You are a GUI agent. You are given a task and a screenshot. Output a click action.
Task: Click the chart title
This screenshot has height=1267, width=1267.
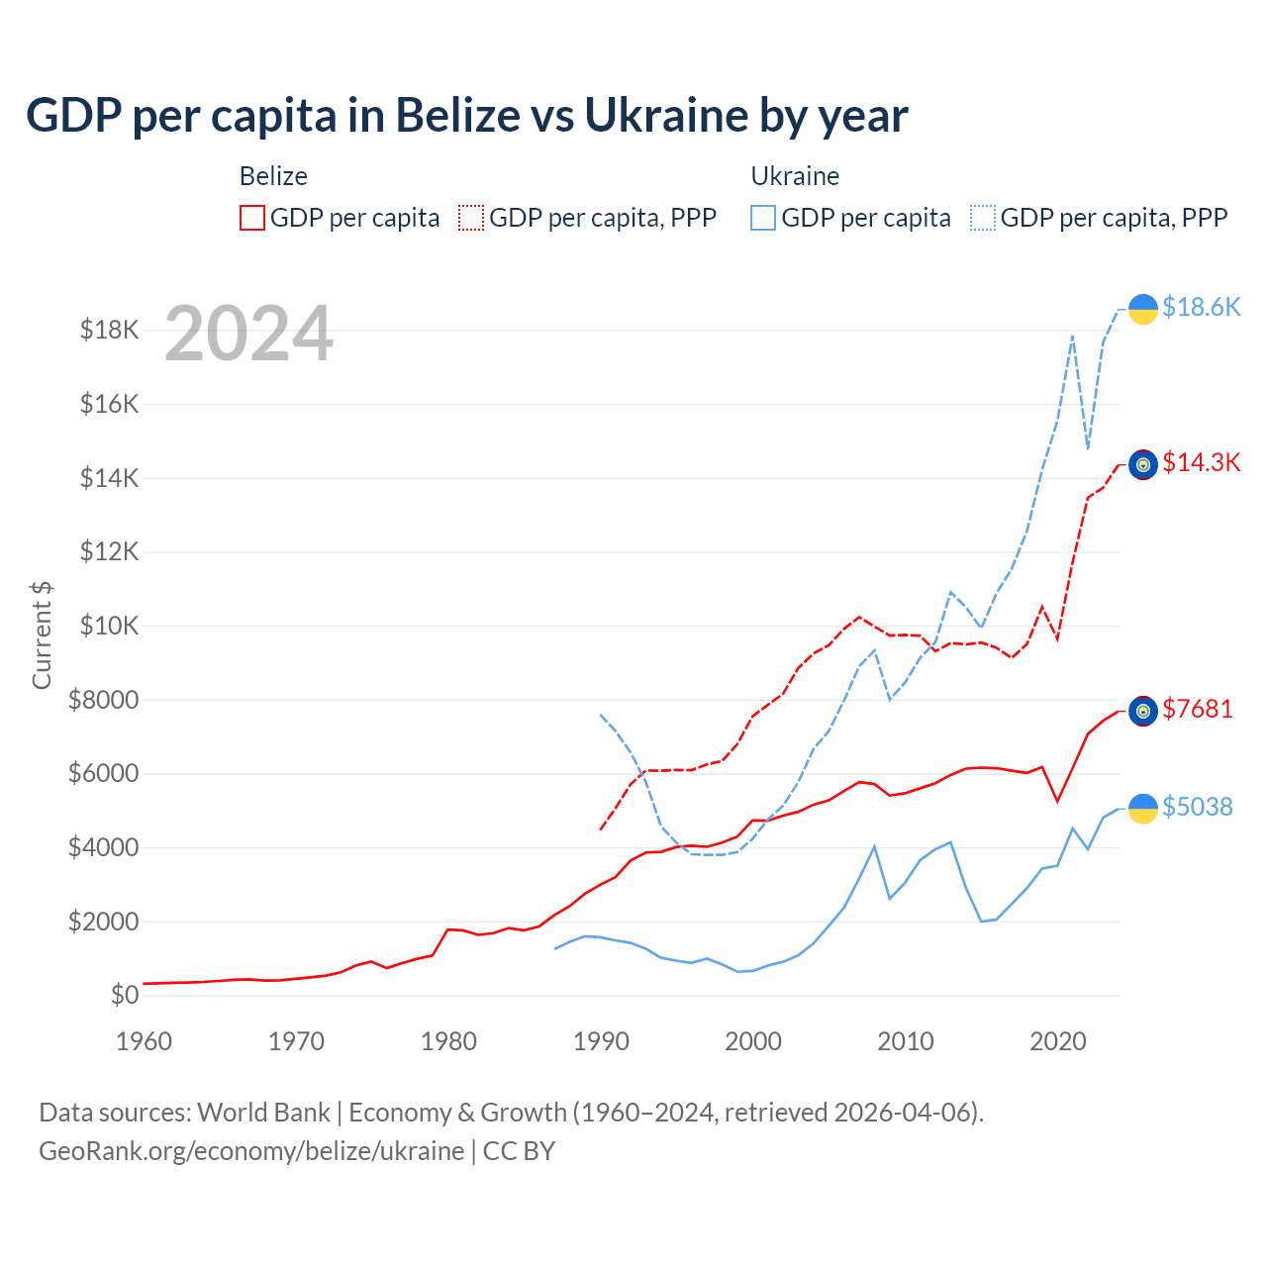click(x=466, y=115)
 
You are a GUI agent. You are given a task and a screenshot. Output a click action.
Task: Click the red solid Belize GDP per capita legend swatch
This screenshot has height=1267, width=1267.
click(x=252, y=218)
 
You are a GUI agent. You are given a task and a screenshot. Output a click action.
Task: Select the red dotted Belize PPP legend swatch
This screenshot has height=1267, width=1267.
click(x=471, y=218)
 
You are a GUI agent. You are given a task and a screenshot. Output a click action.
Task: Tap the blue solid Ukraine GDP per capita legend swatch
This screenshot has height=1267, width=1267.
click(x=763, y=218)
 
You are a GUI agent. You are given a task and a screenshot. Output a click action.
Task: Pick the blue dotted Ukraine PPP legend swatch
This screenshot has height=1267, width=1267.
click(x=983, y=218)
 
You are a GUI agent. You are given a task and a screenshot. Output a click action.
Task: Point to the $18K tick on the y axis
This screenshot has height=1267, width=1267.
click(x=110, y=330)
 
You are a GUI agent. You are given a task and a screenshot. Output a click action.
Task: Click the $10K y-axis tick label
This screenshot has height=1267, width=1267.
click(x=110, y=626)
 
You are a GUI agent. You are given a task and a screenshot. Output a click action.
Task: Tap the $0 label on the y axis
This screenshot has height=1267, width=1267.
click(x=124, y=995)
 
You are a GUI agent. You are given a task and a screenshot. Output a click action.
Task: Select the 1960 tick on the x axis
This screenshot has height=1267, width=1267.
click(x=144, y=1041)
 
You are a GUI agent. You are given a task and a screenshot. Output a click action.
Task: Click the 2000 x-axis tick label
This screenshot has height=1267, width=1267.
click(x=753, y=1041)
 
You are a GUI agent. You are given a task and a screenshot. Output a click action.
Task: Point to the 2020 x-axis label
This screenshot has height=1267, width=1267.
click(x=1058, y=1041)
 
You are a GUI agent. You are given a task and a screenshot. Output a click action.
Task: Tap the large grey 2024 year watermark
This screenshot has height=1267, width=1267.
click(x=248, y=334)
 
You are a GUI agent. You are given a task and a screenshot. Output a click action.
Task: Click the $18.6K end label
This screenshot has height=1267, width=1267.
click(x=1201, y=308)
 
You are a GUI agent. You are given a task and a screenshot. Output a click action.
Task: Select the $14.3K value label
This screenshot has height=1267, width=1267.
click(x=1201, y=462)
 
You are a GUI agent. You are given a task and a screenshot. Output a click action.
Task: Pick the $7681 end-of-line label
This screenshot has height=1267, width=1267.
click(x=1198, y=709)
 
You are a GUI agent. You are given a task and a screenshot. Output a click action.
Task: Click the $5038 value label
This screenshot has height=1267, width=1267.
click(x=1198, y=807)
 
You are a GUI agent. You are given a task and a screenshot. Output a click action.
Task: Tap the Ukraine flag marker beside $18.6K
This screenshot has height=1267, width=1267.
click(x=1143, y=309)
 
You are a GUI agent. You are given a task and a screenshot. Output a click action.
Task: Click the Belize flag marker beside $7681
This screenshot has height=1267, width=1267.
click(x=1143, y=711)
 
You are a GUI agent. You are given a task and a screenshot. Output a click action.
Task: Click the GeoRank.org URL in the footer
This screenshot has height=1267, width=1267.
click(x=251, y=1151)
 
